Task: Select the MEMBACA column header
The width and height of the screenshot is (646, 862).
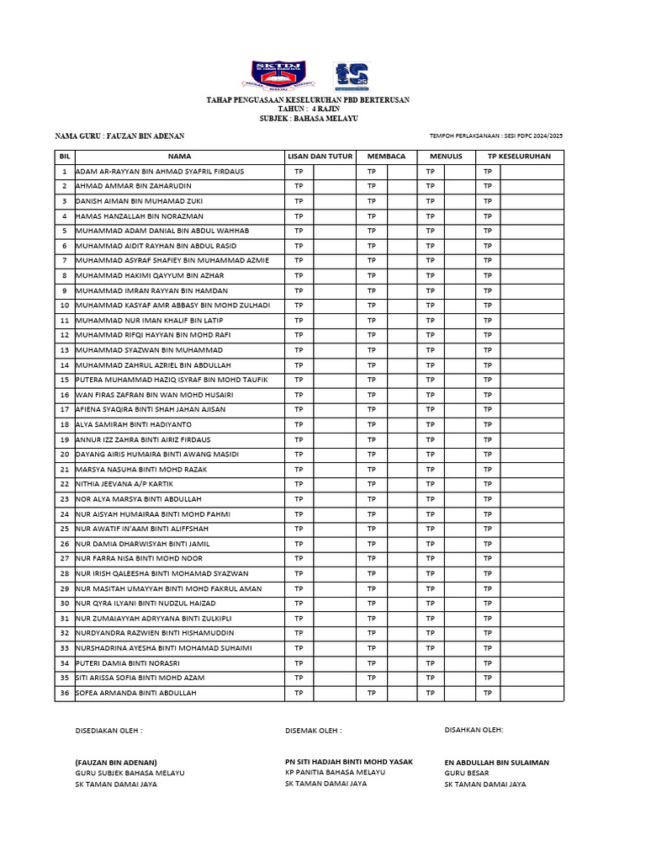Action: click(386, 156)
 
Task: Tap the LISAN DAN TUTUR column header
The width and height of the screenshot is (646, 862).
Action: click(320, 156)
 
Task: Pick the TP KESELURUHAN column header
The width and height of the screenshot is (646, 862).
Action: click(519, 156)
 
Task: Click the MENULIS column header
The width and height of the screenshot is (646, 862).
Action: click(446, 156)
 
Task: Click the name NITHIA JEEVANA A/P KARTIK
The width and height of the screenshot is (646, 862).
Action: click(122, 484)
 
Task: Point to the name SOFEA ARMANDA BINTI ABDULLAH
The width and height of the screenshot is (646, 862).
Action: click(135, 693)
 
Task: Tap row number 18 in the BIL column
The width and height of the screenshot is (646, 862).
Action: click(64, 424)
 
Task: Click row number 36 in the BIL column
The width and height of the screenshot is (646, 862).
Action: click(64, 693)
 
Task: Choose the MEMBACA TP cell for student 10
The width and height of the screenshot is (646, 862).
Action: click(372, 305)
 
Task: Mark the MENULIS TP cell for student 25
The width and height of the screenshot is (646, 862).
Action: click(431, 529)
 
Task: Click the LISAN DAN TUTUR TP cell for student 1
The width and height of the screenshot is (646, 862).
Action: click(299, 171)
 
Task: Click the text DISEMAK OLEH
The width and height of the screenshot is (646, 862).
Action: click(314, 731)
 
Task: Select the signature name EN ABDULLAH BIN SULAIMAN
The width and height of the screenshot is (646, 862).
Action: click(496, 762)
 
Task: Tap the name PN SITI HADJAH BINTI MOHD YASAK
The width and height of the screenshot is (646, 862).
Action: click(349, 761)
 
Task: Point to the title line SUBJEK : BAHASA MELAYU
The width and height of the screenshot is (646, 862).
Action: click(309, 119)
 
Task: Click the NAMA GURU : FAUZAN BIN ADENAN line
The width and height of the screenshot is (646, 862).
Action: click(119, 136)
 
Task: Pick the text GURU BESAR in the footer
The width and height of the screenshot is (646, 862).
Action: click(466, 773)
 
